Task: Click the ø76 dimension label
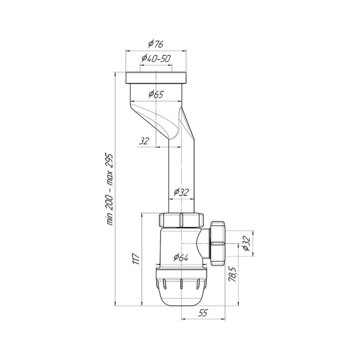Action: (156, 44)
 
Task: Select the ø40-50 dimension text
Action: (156, 59)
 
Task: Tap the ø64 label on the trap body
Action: (181, 258)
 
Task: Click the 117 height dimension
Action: (136, 259)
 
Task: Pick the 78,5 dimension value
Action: (232, 274)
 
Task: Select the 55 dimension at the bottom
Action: (203, 312)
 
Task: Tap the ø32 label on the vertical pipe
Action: (181, 192)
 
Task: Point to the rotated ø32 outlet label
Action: (246, 243)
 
